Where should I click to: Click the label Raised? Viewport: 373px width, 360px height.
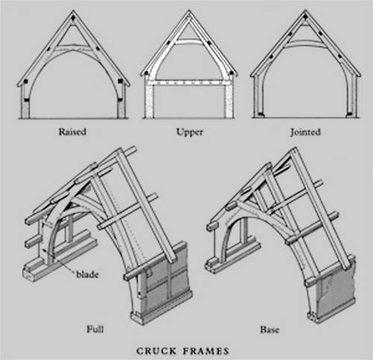click(72, 131)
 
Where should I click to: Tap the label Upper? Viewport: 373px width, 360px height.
click(189, 132)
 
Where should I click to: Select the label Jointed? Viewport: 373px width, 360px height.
click(305, 132)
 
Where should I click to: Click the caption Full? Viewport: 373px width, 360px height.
click(95, 329)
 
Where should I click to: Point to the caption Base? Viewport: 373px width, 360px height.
click(269, 329)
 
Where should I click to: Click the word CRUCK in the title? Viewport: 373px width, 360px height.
click(157, 351)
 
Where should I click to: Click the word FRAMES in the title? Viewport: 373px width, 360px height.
click(206, 351)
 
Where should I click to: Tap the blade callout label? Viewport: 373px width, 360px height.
click(87, 275)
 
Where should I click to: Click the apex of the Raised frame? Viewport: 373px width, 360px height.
click(73, 10)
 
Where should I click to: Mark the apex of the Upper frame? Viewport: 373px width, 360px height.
click(189, 10)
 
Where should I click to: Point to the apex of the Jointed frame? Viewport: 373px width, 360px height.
click(305, 10)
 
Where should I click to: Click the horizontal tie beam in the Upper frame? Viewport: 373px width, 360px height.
click(189, 83)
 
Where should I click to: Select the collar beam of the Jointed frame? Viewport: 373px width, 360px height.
click(305, 44)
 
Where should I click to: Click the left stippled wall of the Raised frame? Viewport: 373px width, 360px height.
click(25, 110)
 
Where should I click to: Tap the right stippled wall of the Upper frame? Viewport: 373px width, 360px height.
click(229, 102)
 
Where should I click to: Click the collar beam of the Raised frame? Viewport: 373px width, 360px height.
click(73, 47)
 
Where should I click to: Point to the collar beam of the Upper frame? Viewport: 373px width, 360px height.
click(189, 42)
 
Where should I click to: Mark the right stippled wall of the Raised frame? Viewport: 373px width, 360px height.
click(121, 110)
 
